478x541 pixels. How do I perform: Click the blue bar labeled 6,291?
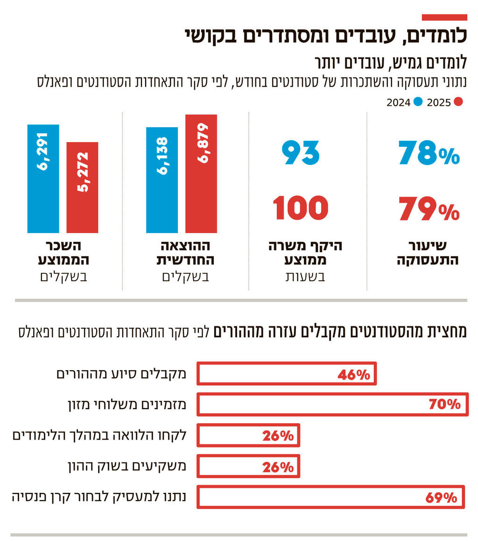click(43, 178)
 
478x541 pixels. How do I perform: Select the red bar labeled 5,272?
click(82, 187)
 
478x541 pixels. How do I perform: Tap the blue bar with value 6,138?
click(162, 180)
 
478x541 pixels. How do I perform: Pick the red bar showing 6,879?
click(201, 173)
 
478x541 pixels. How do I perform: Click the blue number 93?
click(301, 153)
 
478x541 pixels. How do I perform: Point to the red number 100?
click(301, 208)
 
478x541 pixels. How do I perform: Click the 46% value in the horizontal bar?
click(353, 374)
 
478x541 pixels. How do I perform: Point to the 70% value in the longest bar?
click(444, 405)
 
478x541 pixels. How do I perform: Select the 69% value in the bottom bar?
click(441, 498)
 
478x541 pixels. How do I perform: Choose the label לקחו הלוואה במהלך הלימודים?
click(99, 435)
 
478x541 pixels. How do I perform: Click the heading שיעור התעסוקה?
click(428, 253)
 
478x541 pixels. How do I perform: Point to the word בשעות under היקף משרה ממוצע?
click(305, 277)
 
